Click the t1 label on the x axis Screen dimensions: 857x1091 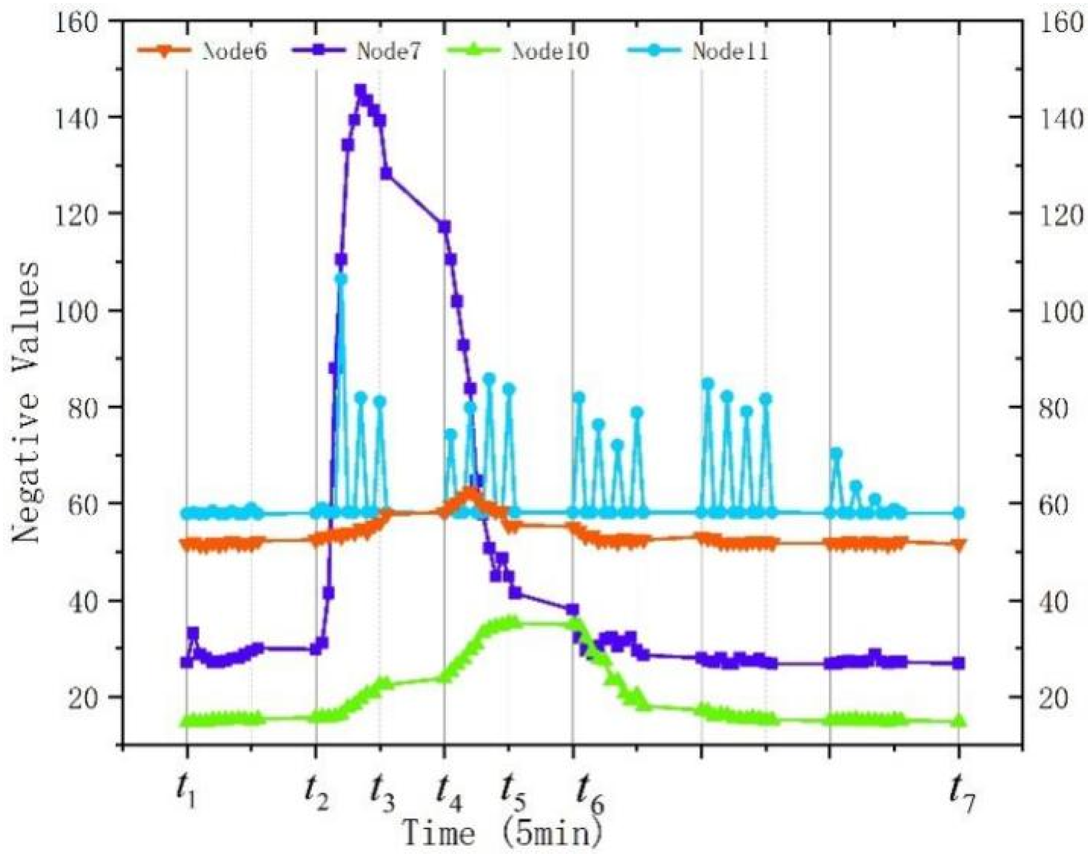(186, 790)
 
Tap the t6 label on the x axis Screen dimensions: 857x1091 (589, 793)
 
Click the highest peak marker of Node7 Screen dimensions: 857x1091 (361, 91)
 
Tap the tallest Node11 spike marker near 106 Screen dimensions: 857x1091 (341, 279)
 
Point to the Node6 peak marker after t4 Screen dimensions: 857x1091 (470, 493)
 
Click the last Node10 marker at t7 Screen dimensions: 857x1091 (958, 721)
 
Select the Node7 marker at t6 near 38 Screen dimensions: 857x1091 (573, 610)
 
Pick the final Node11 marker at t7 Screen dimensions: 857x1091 (958, 513)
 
